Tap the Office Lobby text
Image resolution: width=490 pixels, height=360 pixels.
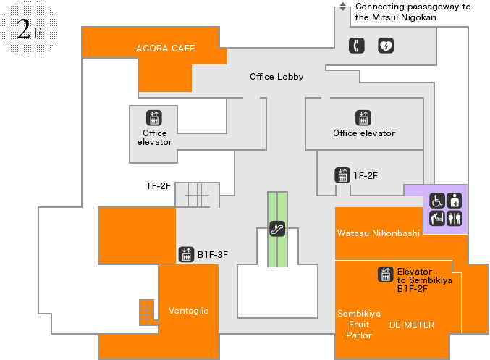(276, 77)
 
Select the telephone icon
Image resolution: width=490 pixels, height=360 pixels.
(357, 46)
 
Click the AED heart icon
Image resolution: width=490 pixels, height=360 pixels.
(386, 46)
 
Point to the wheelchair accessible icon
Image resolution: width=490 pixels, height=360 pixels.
(437, 201)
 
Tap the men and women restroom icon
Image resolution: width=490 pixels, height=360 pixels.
(455, 217)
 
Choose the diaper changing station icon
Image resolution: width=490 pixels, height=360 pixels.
(437, 217)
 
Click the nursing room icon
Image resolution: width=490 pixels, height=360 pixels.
(455, 201)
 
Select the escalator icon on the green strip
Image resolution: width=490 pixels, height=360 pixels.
(276, 229)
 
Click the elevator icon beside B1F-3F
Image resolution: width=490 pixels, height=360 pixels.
(186, 254)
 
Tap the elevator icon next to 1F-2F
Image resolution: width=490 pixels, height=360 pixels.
(342, 175)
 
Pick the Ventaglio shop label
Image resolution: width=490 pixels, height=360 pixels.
(188, 311)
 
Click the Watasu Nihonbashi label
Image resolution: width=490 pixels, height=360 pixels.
(368, 233)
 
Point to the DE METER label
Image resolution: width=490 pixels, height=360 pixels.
(412, 325)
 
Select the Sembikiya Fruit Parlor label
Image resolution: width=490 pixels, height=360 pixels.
(359, 325)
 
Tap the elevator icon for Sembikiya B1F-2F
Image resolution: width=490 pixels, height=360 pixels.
(386, 275)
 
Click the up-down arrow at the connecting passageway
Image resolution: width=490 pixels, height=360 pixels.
(343, 7)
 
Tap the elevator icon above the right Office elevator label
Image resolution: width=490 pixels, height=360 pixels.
(363, 117)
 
